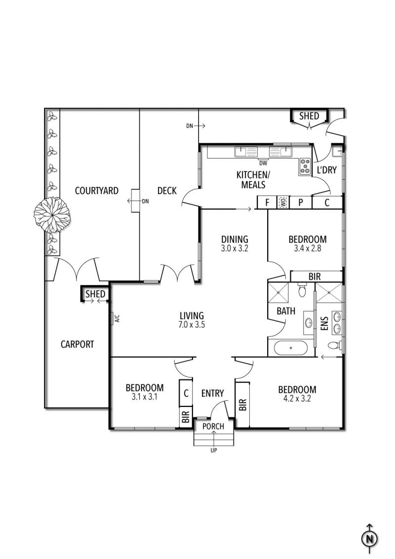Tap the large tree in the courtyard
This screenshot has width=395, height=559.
[52, 214]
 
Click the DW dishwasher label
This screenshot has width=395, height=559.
[263, 162]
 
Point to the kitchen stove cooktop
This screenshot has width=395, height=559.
[304, 166]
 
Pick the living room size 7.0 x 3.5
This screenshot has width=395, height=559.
[192, 325]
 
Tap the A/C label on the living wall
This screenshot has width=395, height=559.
[117, 318]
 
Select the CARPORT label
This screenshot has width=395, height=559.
[78, 344]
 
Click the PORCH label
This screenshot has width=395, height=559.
[213, 426]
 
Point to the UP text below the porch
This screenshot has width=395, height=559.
[214, 450]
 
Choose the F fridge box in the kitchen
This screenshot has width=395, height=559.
[267, 202]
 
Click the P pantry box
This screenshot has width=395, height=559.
[299, 202]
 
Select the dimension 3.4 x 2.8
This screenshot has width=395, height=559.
[307, 249]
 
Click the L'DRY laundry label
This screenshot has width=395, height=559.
[326, 170]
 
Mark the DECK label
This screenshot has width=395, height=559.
[167, 191]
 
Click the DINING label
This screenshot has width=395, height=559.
[235, 240]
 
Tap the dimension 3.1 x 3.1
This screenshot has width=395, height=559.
[144, 397]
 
